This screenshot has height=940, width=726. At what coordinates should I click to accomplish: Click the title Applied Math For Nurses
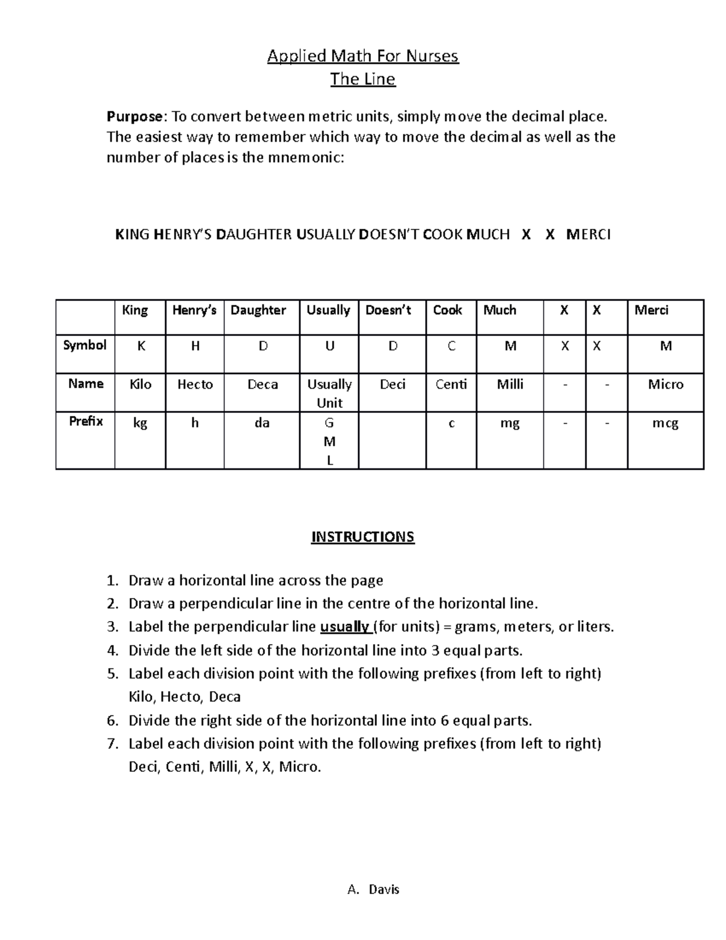[363, 56]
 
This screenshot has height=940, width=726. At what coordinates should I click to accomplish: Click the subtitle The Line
[362, 79]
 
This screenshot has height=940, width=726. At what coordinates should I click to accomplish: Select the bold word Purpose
[134, 116]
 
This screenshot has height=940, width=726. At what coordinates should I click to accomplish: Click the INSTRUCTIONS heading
[362, 537]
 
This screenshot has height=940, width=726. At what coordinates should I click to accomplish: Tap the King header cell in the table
[135, 311]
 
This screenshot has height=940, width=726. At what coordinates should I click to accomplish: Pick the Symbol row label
[85, 346]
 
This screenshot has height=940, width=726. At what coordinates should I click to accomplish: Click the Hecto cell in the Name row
[195, 384]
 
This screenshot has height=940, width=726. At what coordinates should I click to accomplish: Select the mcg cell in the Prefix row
[665, 423]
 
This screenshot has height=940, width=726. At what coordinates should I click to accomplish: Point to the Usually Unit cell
[329, 393]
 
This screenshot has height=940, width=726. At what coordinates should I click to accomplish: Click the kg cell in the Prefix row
[140, 423]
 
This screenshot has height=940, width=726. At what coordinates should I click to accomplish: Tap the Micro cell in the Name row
[665, 384]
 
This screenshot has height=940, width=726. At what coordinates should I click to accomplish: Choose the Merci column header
[652, 311]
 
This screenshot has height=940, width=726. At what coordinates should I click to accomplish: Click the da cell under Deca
[262, 423]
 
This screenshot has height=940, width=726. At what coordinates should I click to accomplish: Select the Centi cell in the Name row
[451, 384]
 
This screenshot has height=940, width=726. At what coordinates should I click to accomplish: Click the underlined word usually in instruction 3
[344, 626]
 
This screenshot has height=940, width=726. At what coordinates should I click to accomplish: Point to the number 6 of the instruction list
[111, 720]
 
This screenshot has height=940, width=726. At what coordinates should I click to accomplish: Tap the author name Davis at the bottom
[384, 889]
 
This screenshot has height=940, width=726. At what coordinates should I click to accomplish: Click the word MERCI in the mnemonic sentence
[588, 234]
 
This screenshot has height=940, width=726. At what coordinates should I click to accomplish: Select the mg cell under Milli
[509, 423]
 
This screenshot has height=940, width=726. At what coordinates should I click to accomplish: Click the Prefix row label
[85, 421]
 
